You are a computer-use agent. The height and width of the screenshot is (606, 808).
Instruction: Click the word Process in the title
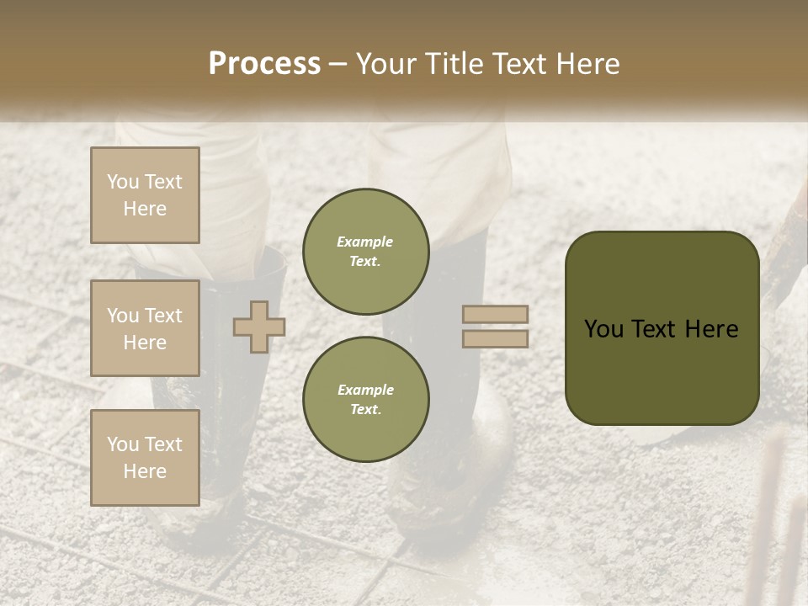[x=264, y=64]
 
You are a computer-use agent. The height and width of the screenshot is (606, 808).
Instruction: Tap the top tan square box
[x=145, y=195]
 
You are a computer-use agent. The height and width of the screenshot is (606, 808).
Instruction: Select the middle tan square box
[x=145, y=328]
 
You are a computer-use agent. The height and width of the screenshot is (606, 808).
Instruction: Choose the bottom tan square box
[x=145, y=457]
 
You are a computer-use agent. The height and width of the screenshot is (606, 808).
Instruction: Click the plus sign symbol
[x=259, y=327]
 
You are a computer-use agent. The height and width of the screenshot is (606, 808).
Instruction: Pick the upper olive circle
[x=365, y=252]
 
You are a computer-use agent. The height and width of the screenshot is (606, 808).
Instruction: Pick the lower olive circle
[x=365, y=400]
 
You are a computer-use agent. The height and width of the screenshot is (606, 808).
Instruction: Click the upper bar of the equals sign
[x=496, y=314]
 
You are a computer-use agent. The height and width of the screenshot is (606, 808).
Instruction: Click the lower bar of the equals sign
[x=496, y=338]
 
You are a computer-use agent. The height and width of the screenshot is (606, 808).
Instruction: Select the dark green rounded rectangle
[x=662, y=328]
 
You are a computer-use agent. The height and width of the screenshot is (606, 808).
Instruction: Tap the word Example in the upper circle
[x=365, y=242]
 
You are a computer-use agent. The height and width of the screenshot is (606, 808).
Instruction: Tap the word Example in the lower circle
[x=365, y=390]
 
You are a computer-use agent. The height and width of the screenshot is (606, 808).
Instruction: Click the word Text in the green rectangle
[x=651, y=329]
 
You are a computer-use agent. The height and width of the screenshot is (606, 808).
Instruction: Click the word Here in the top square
[x=145, y=209]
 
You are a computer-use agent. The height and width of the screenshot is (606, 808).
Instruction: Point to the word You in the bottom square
[x=123, y=444]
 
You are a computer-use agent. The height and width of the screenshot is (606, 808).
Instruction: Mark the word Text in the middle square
[x=162, y=316]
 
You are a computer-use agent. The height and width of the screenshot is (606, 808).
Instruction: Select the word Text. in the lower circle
[x=365, y=410]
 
